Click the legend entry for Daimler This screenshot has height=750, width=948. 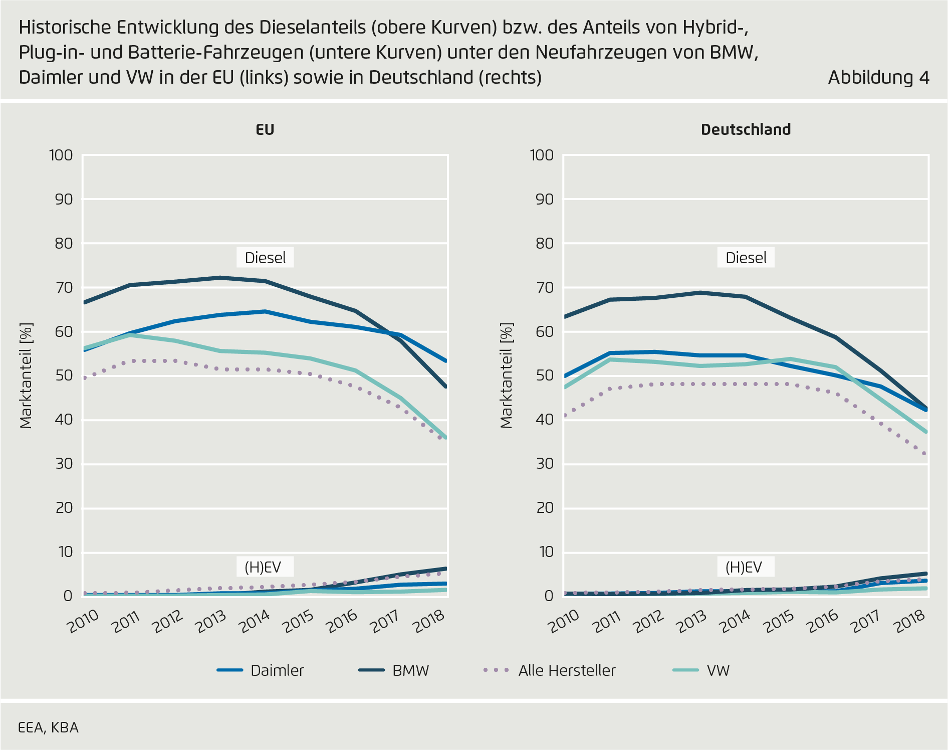[277, 670]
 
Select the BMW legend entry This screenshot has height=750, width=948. [410, 670]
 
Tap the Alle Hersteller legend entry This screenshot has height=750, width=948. [566, 670]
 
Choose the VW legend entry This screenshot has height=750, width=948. [718, 670]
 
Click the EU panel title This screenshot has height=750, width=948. [265, 129]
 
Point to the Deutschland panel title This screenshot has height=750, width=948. [746, 129]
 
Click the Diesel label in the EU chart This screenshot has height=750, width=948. [265, 258]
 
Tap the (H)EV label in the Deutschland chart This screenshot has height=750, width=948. [744, 567]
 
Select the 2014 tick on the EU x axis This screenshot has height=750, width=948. [256, 622]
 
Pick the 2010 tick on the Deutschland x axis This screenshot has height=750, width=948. [564, 622]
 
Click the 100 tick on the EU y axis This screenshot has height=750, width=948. [61, 155]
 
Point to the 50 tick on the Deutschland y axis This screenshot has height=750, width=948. [543, 376]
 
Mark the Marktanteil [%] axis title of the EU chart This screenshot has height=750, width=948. [26, 376]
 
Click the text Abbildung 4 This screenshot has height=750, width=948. [878, 78]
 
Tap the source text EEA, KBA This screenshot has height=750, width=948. [48, 727]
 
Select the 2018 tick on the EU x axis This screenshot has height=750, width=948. [429, 622]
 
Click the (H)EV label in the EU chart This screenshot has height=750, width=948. [263, 567]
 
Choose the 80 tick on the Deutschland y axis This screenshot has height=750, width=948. [543, 244]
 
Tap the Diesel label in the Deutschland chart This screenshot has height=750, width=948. [746, 258]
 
